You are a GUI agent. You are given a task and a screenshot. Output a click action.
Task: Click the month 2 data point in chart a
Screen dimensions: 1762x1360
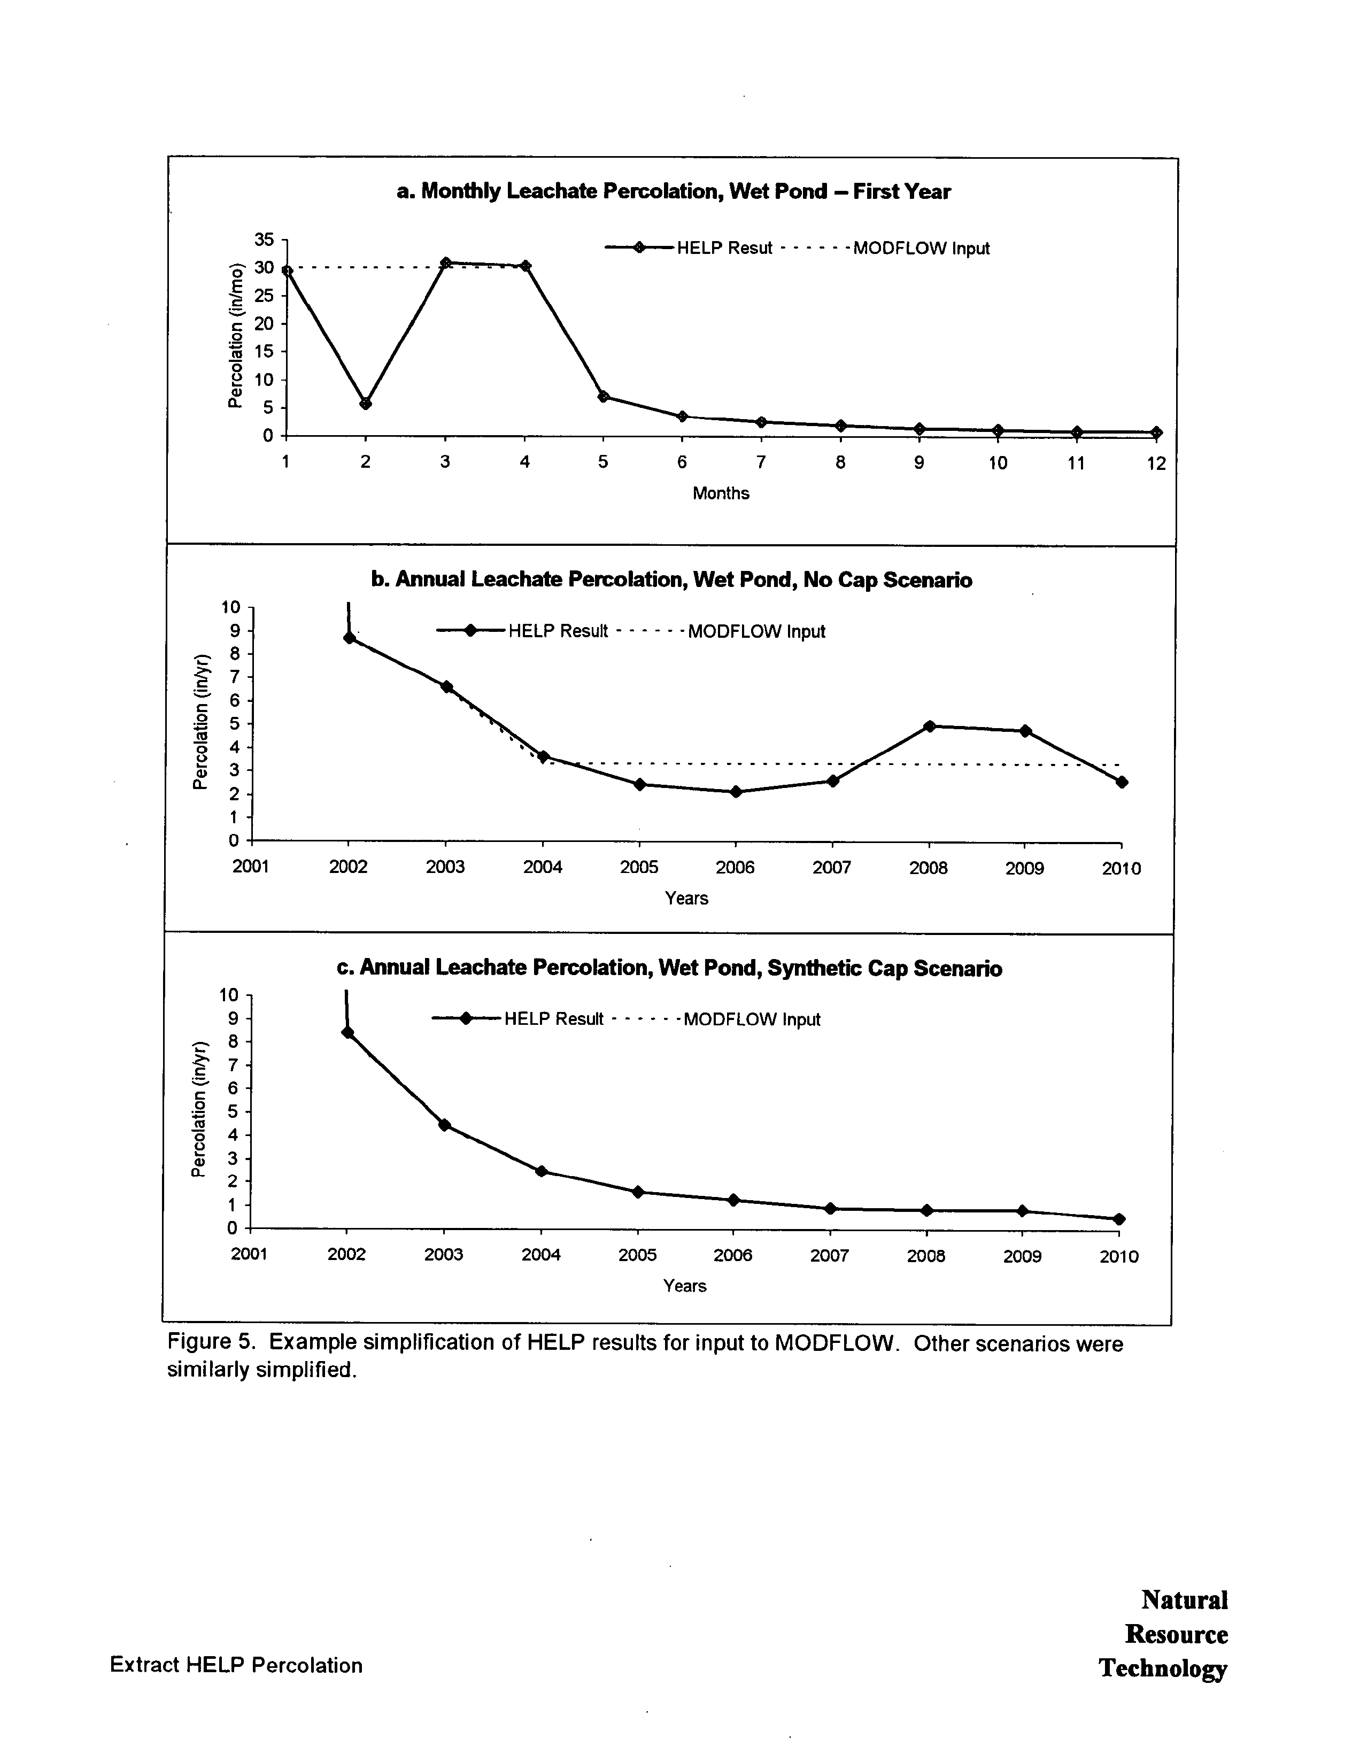pyautogui.click(x=366, y=404)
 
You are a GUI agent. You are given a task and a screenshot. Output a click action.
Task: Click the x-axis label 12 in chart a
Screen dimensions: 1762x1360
pyautogui.click(x=1156, y=463)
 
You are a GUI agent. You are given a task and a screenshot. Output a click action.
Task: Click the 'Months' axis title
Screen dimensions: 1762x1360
pyautogui.click(x=720, y=493)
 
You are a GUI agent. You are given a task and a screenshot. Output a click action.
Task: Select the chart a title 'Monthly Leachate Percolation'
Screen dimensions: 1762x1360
pyautogui.click(x=674, y=191)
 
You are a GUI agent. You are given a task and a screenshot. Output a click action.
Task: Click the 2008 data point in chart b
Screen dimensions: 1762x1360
pyautogui.click(x=929, y=726)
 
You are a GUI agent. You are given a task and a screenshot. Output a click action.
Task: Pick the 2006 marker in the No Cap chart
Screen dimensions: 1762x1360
pyautogui.click(x=736, y=791)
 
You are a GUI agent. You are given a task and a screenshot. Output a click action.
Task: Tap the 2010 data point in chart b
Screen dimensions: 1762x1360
pyautogui.click(x=1121, y=782)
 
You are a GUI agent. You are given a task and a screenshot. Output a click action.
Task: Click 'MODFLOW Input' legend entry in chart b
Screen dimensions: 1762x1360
pyautogui.click(x=756, y=632)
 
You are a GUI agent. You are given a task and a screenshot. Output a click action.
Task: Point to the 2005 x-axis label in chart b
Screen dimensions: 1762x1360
pyautogui.click(x=639, y=867)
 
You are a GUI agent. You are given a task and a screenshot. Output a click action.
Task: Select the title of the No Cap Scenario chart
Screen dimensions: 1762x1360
pyautogui.click(x=671, y=580)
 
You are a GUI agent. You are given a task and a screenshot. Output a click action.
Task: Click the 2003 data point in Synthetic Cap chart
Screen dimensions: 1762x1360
pyautogui.click(x=444, y=1125)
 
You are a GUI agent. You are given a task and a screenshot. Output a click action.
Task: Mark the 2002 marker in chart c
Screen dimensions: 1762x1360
pyautogui.click(x=347, y=1032)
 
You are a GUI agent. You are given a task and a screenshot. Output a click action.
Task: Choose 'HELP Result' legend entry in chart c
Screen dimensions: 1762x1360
pyautogui.click(x=553, y=1019)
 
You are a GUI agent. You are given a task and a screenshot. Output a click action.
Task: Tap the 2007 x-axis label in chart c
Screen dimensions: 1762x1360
pyautogui.click(x=829, y=1255)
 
